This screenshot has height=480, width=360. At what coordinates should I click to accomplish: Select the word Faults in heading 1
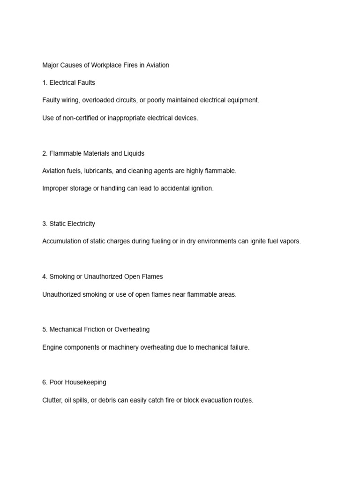coord(85,82)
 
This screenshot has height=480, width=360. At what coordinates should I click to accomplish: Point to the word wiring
coord(71,100)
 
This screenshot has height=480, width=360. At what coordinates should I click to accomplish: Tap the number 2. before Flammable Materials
coord(45,153)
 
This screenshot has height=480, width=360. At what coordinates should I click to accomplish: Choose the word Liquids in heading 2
coord(134,153)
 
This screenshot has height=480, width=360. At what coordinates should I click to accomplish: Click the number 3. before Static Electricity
coord(45,224)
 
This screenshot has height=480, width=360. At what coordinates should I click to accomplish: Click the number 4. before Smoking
coord(45,277)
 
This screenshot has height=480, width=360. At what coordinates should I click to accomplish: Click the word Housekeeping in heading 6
coord(88,382)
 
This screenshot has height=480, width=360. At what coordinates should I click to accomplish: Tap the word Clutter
coord(52,400)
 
